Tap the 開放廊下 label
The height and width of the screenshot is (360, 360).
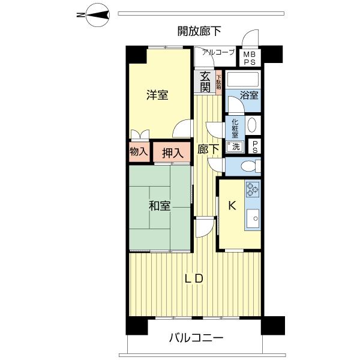(x=199, y=30)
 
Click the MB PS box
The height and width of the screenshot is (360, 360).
(x=249, y=58)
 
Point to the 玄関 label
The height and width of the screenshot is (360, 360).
(x=205, y=82)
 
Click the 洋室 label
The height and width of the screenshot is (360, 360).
(x=158, y=95)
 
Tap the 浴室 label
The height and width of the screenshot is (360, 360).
(x=249, y=95)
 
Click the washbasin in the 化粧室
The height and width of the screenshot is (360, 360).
(x=252, y=126)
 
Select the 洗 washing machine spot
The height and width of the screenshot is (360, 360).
(x=235, y=146)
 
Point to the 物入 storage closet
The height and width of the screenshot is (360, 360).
(x=139, y=151)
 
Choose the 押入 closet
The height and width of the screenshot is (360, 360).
(x=171, y=152)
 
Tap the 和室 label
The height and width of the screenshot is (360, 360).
(x=160, y=206)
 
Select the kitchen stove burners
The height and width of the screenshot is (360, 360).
(x=253, y=189)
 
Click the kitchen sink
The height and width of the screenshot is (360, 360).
(x=253, y=217)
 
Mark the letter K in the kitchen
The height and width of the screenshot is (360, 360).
(x=232, y=205)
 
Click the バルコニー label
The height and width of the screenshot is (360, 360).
(x=196, y=339)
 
